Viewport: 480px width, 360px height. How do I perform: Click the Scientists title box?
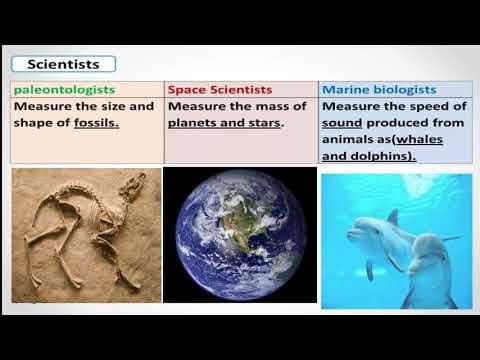coord(65,64)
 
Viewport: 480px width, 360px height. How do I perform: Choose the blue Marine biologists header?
coord(380,89)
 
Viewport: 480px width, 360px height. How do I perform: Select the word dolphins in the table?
coord(380,156)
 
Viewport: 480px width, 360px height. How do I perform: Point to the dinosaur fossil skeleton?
coord(85,235)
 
